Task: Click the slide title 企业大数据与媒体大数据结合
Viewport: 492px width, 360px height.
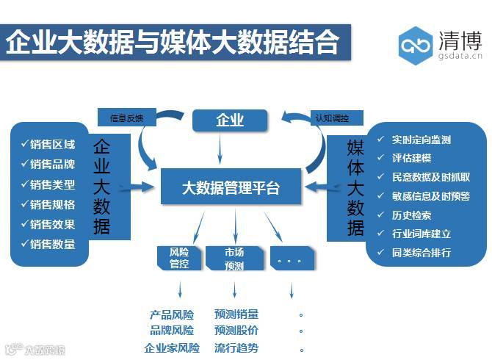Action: pos(173,42)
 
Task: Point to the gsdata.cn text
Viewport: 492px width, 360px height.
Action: pos(461,54)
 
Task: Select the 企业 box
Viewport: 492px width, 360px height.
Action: pos(229,120)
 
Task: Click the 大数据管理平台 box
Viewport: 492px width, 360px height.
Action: pos(231,187)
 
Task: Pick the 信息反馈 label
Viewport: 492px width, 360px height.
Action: pos(127,117)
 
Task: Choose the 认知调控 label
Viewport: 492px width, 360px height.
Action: pos(332,117)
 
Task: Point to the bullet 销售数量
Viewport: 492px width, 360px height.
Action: pos(52,244)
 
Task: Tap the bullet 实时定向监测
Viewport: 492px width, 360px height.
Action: pos(421,140)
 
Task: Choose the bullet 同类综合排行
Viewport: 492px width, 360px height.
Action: pos(421,253)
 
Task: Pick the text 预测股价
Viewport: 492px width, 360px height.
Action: pos(236,331)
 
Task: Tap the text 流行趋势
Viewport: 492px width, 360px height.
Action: pos(236,348)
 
